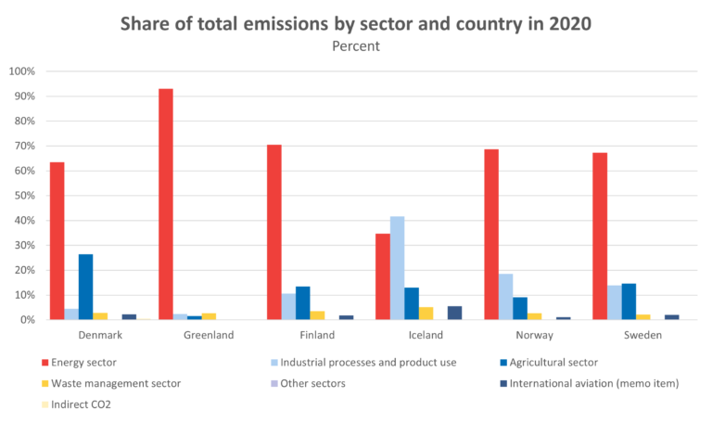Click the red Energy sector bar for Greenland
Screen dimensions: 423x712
165,204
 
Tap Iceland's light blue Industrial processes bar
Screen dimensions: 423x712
397,268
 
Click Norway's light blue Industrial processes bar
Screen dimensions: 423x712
505,297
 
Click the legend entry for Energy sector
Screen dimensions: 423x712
83,363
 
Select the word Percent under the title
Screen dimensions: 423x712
356,45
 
